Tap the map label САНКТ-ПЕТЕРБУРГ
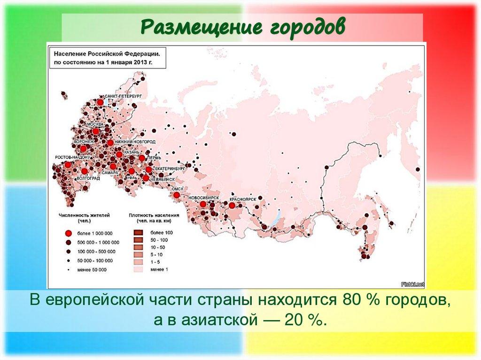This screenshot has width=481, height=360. point(123,96)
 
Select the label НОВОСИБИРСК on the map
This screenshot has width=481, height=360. point(204,199)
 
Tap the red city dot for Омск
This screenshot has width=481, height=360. point(176,195)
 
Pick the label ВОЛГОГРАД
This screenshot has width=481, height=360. point(88,179)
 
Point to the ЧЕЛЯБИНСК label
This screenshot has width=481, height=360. point(163,179)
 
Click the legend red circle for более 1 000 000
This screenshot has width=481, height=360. point(68,233)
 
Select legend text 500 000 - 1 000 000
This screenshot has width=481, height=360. point(99,242)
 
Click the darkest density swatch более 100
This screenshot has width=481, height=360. point(139,233)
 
